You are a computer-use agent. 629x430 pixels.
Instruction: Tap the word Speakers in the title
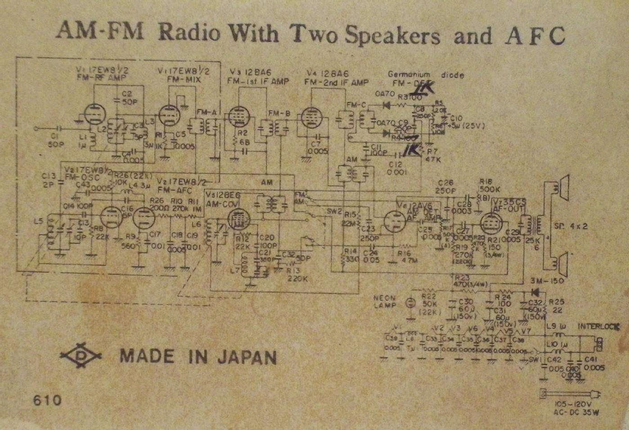(392, 35)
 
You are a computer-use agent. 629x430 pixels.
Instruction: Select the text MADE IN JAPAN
(198, 356)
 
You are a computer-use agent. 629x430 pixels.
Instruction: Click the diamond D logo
(81, 356)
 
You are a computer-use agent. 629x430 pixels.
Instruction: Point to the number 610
(47, 399)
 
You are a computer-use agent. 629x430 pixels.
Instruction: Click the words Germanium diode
(425, 75)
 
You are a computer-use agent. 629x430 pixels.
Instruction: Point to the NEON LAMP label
(385, 301)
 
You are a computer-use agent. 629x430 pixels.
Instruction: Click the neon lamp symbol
(409, 303)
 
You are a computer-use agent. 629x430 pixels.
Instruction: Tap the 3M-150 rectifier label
(546, 281)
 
